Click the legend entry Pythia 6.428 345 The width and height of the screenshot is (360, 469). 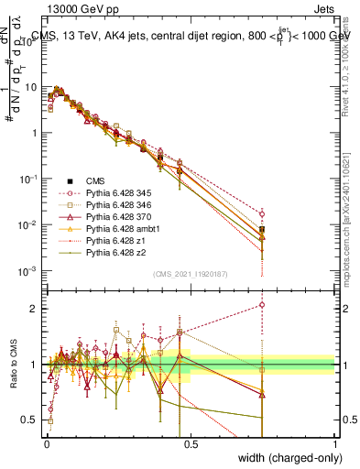[115, 194]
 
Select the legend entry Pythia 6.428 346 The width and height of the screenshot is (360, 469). [115, 208]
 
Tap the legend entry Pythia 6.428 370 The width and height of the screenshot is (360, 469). [115, 222]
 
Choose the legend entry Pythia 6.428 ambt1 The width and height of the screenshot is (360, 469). [116, 235]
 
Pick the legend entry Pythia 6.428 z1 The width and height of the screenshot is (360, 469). [112, 249]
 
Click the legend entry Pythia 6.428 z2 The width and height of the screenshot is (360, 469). [112, 263]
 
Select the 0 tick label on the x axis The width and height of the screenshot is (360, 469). [46, 442]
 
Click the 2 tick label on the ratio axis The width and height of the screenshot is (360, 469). [33, 308]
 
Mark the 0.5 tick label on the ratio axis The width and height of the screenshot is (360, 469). [29, 420]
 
